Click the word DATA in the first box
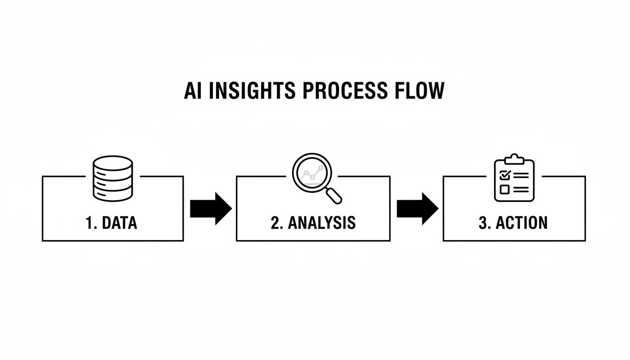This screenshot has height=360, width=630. pyautogui.click(x=119, y=223)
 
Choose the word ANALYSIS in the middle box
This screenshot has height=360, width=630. pyautogui.click(x=322, y=223)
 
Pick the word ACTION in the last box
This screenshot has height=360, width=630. pyautogui.click(x=522, y=223)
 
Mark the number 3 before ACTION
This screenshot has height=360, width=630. pyautogui.click(x=483, y=223)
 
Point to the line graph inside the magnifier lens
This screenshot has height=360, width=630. pyautogui.click(x=311, y=172)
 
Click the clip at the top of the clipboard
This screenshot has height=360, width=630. pyautogui.click(x=514, y=159)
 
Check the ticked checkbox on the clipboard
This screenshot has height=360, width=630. pyautogui.click(x=505, y=176)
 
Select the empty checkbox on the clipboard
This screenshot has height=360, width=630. pyautogui.click(x=505, y=189)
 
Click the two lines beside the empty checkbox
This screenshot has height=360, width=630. pyautogui.click(x=521, y=189)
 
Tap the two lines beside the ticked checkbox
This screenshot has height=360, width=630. pyautogui.click(x=521, y=176)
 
